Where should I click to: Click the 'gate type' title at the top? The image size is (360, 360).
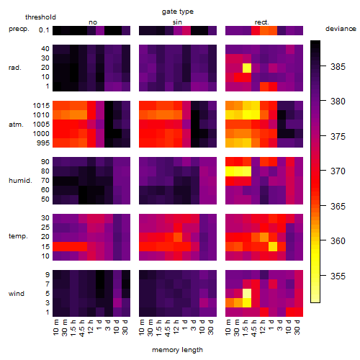(178, 12)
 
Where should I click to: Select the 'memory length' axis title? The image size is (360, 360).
(177, 350)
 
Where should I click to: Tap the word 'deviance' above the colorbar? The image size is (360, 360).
(341, 29)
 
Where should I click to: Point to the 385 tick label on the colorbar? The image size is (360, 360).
(338, 67)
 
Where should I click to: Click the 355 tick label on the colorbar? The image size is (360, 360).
(338, 276)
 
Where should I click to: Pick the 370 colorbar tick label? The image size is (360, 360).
(338, 171)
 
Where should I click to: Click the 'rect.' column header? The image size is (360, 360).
(262, 22)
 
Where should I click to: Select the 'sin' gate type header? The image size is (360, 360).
(177, 22)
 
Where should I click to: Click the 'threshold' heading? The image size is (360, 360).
(40, 17)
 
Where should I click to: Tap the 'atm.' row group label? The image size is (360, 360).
(16, 125)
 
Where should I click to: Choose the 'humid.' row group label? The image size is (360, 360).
(20, 181)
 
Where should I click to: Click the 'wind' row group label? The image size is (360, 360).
(17, 294)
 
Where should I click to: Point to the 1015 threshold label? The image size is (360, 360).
(41, 106)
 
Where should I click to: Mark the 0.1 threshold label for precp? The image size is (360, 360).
(44, 30)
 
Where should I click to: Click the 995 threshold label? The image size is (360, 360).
(43, 143)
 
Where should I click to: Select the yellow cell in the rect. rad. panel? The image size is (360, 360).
(247, 68)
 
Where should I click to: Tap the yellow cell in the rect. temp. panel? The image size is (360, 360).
(273, 246)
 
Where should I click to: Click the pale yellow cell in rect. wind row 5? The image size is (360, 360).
(247, 293)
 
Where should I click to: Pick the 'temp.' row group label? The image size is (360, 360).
(18, 236)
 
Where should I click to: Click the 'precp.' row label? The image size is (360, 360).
(19, 29)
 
